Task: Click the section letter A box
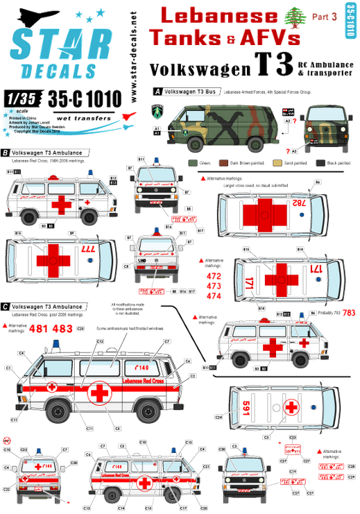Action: tap(157, 91)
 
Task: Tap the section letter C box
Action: tap(6, 305)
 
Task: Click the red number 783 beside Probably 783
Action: tap(348, 313)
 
